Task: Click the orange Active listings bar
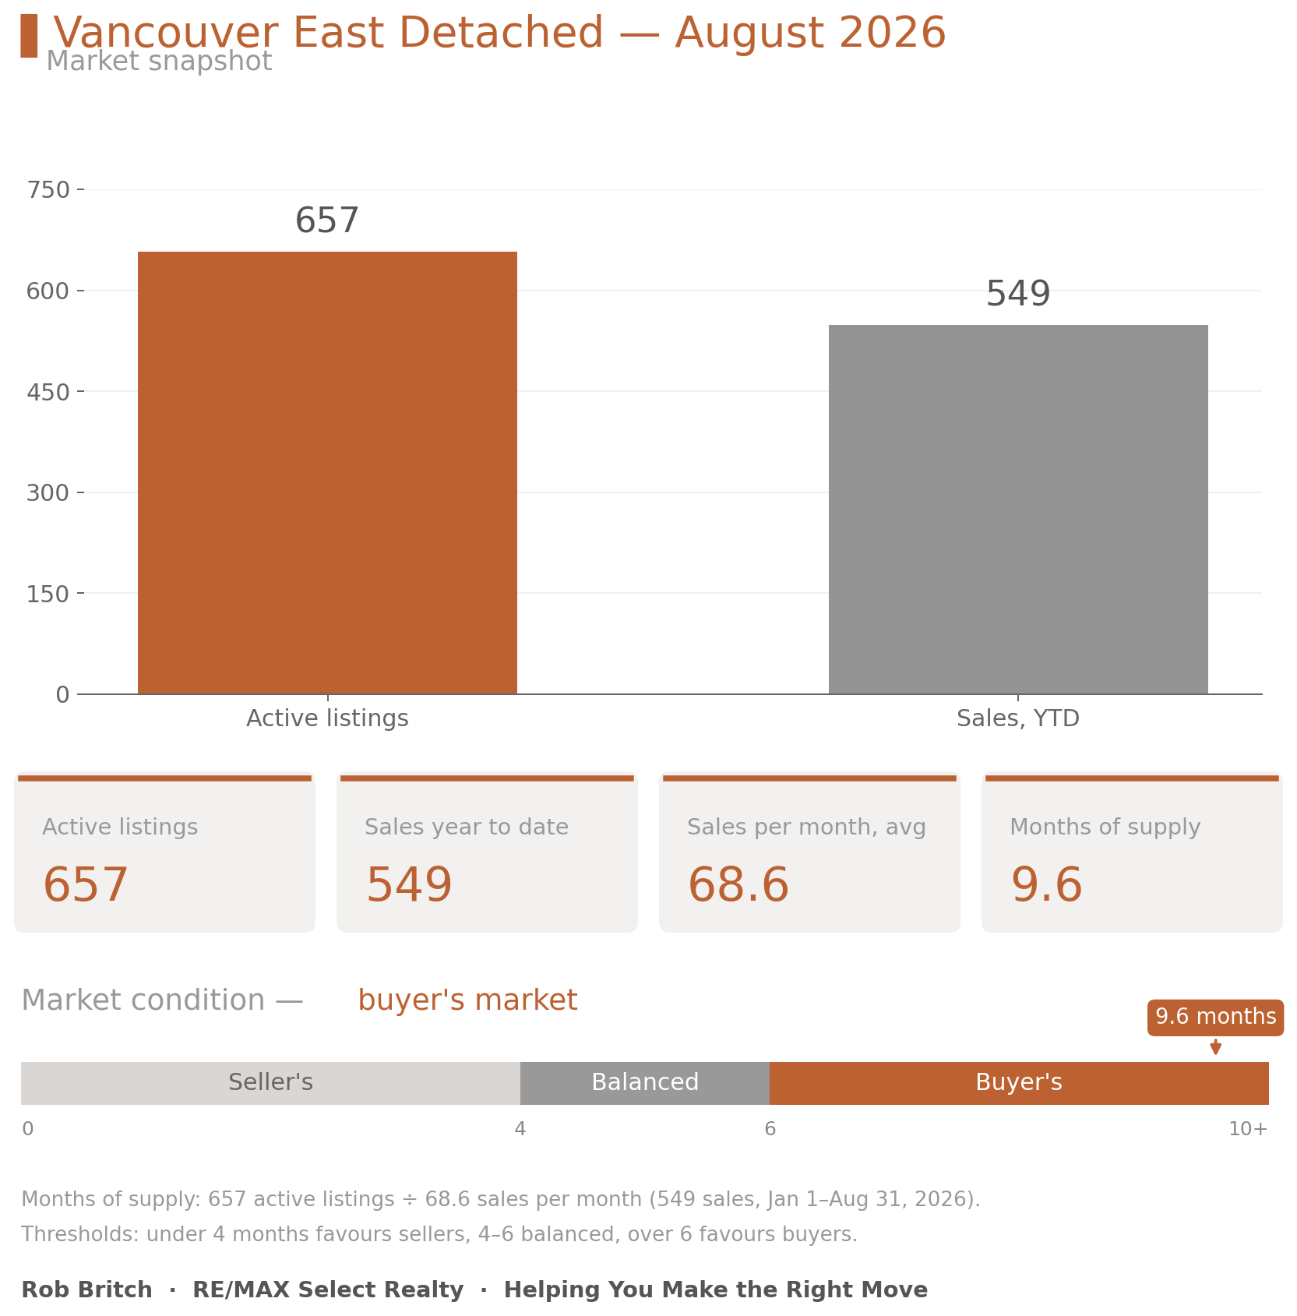pos(327,472)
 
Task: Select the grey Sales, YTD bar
pos(1018,509)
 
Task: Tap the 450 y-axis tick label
pos(48,392)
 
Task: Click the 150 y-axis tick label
pos(48,594)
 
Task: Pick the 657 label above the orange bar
pos(327,221)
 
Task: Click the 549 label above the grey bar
pos(1018,294)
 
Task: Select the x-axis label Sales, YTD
pos(1018,718)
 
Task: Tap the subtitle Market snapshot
pos(159,61)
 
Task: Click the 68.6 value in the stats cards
pos(738,885)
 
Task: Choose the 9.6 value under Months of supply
pos(1046,885)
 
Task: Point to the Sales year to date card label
pos(467,827)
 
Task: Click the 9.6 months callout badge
pos(1215,1018)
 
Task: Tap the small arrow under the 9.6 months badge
pos(1215,1046)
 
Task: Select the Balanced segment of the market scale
pos(645,1083)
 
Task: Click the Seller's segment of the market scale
pos(270,1083)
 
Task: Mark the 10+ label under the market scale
pos(1248,1129)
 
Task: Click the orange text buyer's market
pos(467,1000)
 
